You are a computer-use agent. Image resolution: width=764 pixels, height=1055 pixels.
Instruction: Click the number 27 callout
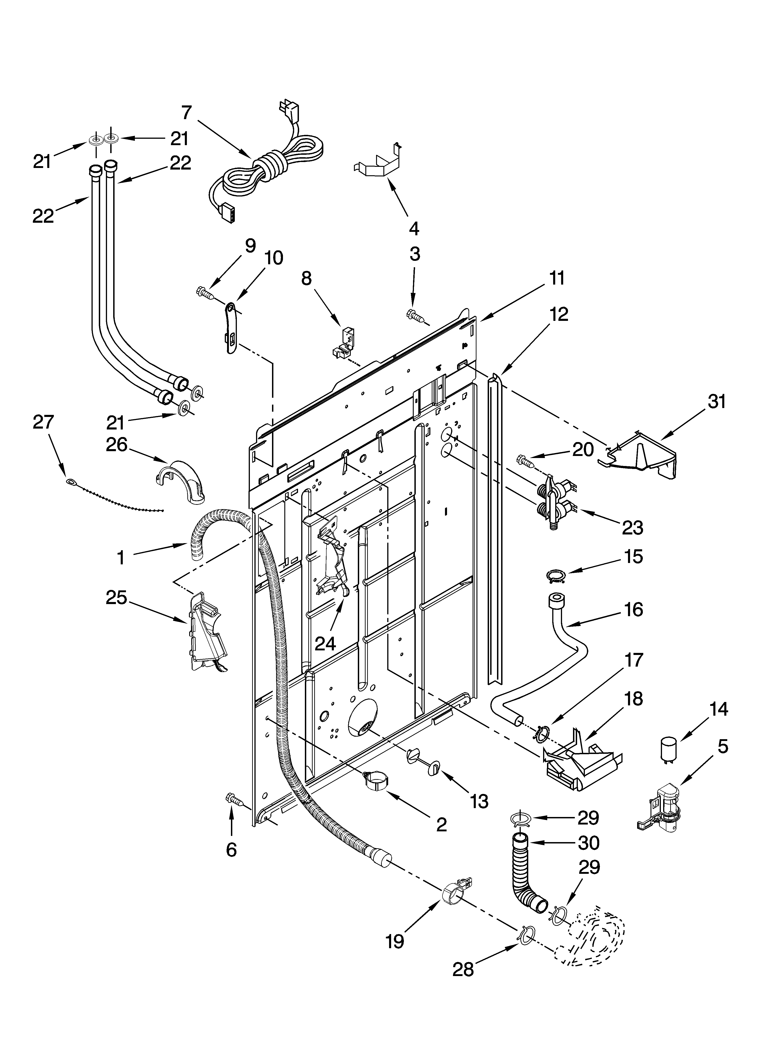43,422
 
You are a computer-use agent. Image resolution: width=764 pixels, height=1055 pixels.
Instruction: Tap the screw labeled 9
204,293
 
